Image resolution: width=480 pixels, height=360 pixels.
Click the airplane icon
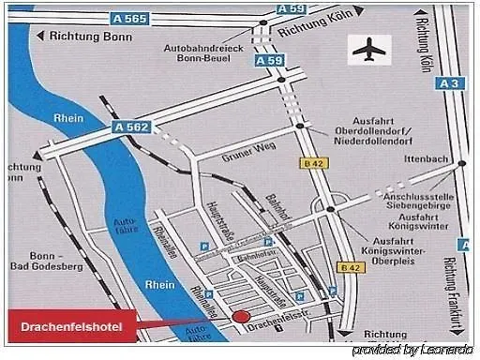pyautogui.click(x=369, y=49)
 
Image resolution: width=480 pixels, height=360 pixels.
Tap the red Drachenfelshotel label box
pyautogui.click(x=72, y=325)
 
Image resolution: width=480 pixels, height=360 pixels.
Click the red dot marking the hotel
pyautogui.click(x=241, y=317)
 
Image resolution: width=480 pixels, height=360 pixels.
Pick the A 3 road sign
pyautogui.click(x=451, y=83)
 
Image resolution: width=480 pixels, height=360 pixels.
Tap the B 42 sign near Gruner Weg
pyautogui.click(x=314, y=163)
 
